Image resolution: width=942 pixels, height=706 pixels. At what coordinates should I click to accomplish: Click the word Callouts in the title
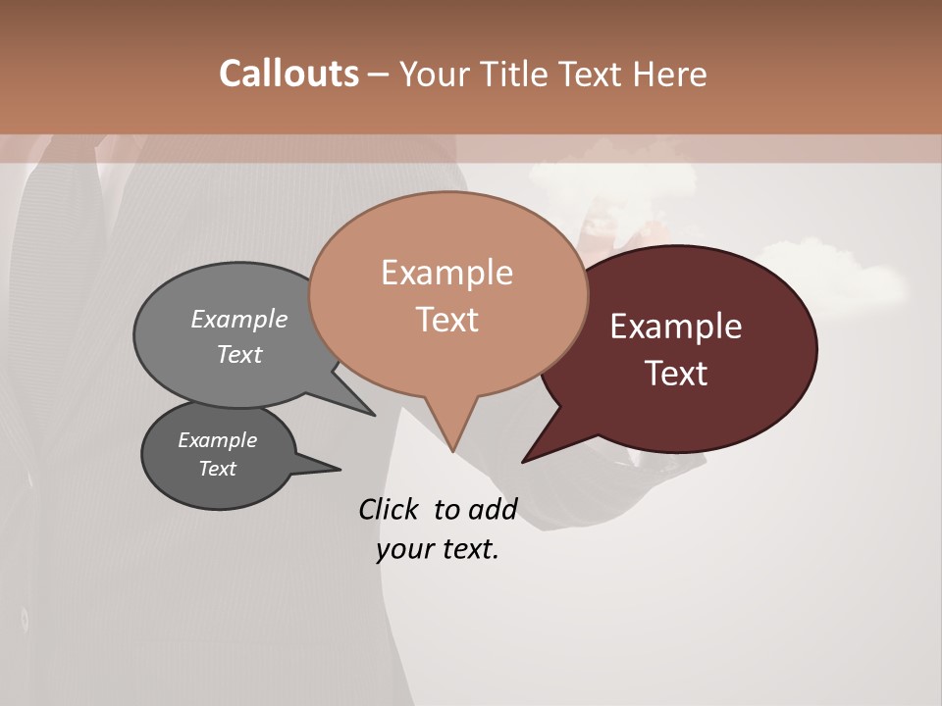(x=288, y=74)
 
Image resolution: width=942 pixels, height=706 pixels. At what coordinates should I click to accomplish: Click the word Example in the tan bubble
(x=446, y=273)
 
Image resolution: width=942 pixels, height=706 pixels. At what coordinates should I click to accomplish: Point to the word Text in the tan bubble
(x=446, y=319)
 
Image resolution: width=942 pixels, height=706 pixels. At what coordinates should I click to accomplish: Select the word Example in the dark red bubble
(x=676, y=327)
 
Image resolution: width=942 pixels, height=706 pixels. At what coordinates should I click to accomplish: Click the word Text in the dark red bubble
(x=676, y=373)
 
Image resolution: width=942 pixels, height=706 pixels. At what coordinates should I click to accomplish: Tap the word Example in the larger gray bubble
(x=239, y=319)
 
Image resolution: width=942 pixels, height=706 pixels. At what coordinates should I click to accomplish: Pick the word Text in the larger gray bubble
(x=239, y=354)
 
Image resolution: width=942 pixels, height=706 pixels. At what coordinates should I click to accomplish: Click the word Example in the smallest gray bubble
(x=217, y=440)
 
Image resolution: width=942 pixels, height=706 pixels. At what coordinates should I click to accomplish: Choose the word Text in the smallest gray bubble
(x=217, y=469)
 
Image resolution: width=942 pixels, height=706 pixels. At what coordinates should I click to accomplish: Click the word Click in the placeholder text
(x=390, y=509)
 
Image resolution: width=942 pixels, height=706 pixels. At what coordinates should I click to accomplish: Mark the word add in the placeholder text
(x=493, y=509)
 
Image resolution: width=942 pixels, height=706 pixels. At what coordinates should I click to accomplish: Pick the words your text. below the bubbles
(x=438, y=549)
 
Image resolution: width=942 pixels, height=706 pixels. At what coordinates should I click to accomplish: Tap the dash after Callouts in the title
(x=378, y=74)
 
